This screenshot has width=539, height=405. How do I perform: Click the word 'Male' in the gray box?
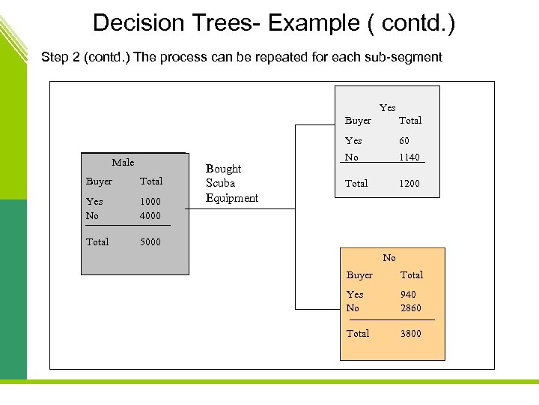(123, 163)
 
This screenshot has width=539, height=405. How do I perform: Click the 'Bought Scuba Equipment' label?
(231, 184)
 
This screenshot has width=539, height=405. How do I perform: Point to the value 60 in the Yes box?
(404, 141)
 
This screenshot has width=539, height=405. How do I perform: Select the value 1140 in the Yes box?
(409, 157)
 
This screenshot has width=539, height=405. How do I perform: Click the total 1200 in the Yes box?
(409, 184)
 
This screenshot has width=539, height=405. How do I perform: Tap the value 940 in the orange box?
(408, 295)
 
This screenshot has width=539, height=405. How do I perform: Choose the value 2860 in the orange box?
(410, 308)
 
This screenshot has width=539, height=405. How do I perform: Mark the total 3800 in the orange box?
(410, 334)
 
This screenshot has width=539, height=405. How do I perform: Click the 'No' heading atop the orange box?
(389, 258)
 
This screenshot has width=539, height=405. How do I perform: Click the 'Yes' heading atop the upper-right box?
(387, 108)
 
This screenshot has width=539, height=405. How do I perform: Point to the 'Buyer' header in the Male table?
(99, 181)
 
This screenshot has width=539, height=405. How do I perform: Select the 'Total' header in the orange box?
(411, 275)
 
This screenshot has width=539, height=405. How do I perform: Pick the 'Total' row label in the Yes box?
(356, 184)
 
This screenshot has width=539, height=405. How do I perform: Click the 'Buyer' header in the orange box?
(359, 275)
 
